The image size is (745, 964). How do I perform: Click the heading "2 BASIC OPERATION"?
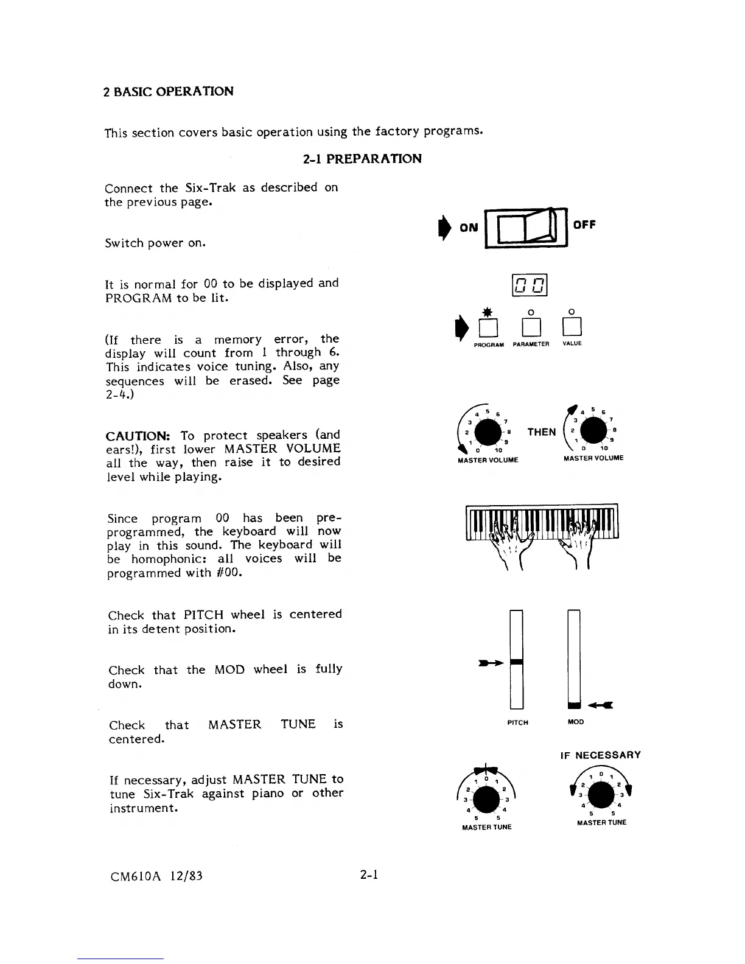point(169,91)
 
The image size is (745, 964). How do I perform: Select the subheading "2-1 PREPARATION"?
point(362,159)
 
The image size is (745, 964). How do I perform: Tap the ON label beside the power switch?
point(469,228)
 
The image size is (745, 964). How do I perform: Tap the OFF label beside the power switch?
point(584,225)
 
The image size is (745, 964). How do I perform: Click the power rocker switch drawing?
point(526,228)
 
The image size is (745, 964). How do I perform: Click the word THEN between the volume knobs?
point(541,431)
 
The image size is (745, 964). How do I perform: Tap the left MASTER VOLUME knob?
point(488,433)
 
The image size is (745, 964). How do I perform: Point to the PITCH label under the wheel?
point(517,722)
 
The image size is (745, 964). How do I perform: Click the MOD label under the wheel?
point(575,722)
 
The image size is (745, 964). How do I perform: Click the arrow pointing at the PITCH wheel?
point(491,662)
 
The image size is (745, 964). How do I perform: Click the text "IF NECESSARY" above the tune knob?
point(600,755)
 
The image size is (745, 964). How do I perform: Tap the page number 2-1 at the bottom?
point(369,875)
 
